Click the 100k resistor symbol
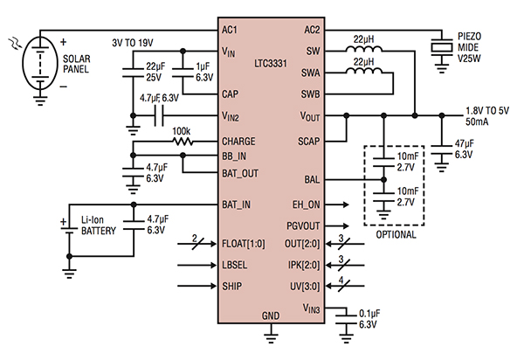181,139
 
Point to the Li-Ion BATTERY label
91,228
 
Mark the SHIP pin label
233,285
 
